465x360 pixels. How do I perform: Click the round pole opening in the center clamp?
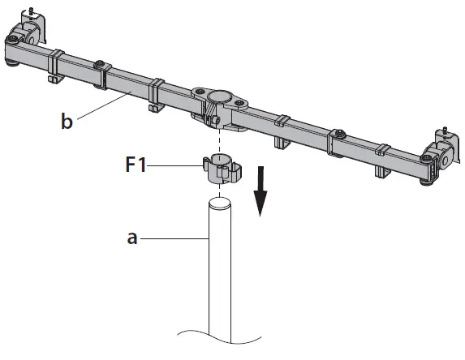(218, 99)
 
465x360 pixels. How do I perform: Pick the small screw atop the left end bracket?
(29, 11)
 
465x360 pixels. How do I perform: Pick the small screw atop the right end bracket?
(445, 129)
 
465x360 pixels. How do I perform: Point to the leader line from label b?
(105, 105)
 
